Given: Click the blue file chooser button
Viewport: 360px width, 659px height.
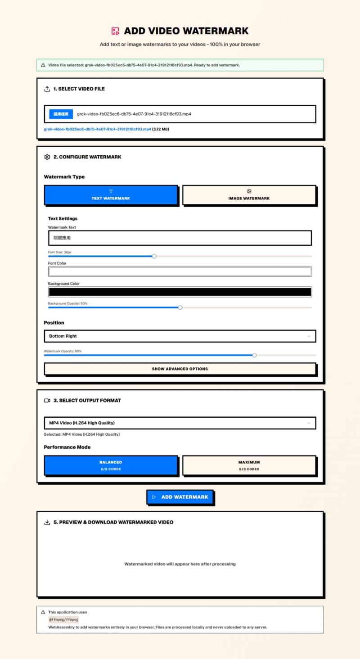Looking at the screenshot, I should (x=61, y=114).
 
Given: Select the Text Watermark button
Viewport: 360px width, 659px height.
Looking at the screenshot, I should (x=111, y=195).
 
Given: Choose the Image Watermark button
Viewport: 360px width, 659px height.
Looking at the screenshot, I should (x=249, y=195).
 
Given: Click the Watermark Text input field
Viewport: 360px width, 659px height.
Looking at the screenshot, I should (x=180, y=238).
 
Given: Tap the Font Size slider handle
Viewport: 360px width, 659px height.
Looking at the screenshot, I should (x=154, y=256).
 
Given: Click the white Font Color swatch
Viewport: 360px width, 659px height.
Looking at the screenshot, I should (x=180, y=271).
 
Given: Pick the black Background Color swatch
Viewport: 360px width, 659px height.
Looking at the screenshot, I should (x=180, y=292).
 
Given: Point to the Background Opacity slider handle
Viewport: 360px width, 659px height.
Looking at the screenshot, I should (x=180, y=307).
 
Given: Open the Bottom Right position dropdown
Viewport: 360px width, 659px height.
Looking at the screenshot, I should (x=180, y=336).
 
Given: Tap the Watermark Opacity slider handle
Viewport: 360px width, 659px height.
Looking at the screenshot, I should (x=254, y=355).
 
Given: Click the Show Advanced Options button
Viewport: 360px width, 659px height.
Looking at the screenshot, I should (x=180, y=369).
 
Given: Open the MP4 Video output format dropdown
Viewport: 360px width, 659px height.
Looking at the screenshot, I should (x=180, y=423).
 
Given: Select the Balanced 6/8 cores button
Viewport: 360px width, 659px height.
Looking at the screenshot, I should (x=111, y=465).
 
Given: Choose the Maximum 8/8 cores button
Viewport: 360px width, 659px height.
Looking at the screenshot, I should (x=249, y=465).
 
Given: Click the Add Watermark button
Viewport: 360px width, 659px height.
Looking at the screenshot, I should (x=180, y=497).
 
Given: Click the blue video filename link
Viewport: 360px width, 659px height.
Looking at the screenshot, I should (x=97, y=129).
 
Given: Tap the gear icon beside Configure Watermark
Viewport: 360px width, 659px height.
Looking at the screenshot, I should (x=47, y=157).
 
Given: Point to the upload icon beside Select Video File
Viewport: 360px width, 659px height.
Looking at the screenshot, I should (x=47, y=89).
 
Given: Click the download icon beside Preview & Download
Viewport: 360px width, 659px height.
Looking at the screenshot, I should (x=47, y=523).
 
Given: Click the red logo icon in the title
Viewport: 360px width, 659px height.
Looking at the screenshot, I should (x=116, y=31).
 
